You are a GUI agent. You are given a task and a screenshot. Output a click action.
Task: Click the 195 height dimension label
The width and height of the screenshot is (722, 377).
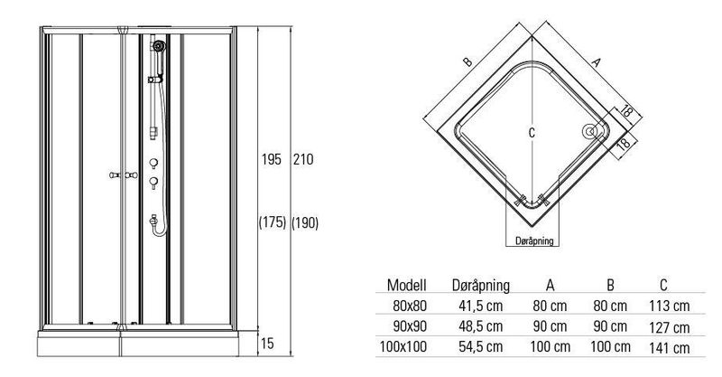point(272,160)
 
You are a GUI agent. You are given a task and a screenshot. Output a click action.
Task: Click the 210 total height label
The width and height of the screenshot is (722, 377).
point(303,160)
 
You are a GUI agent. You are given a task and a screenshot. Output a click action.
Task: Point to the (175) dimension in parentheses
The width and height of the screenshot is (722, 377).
point(273,223)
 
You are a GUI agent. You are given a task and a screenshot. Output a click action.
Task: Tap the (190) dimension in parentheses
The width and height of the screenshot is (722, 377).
point(305,223)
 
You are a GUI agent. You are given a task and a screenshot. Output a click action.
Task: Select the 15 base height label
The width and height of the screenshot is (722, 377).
point(267,344)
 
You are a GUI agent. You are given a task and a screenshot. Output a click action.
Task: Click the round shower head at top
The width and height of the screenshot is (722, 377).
point(159,46)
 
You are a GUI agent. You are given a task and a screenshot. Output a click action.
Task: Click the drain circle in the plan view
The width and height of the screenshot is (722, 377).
point(590,131)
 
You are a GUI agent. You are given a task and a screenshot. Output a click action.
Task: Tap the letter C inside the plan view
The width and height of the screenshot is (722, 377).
point(532,133)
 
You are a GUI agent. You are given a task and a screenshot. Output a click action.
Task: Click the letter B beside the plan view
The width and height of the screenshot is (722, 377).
point(467,61)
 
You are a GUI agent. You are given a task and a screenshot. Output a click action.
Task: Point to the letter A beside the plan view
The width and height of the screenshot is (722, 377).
point(596,62)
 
